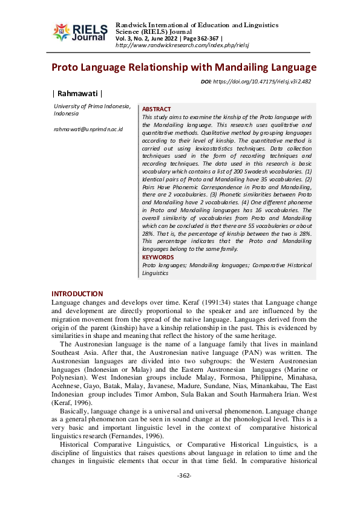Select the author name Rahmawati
tap(78, 93)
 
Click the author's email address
tap(88, 129)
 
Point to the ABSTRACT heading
tap(157, 109)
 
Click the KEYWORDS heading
tap(158, 257)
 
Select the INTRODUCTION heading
tap(77, 294)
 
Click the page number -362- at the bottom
tap(184, 493)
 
